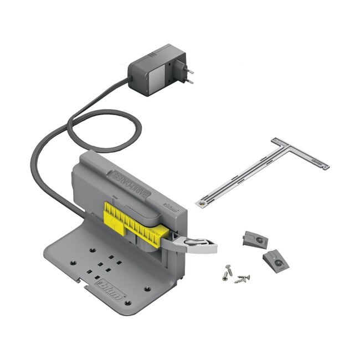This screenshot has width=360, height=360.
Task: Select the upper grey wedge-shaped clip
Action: (x=255, y=239)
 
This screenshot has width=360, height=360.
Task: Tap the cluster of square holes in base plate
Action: (x=102, y=266)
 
